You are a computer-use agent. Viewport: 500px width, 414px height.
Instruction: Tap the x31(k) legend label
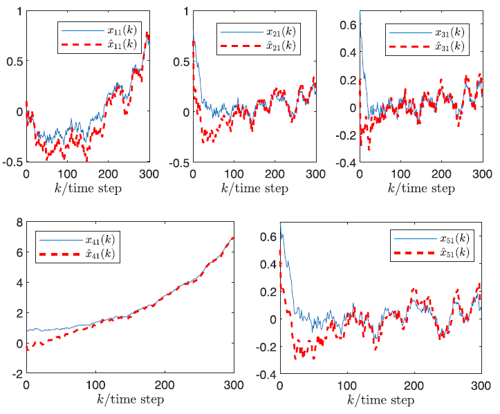point(448,32)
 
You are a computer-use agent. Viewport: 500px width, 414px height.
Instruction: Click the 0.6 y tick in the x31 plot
point(348,24)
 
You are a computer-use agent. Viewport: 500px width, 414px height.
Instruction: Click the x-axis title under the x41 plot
point(130,400)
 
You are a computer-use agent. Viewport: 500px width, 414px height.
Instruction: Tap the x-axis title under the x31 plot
point(420,187)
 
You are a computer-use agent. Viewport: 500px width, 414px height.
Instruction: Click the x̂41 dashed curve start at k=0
point(27,350)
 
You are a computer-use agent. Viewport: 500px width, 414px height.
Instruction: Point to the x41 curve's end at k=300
point(233,238)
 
